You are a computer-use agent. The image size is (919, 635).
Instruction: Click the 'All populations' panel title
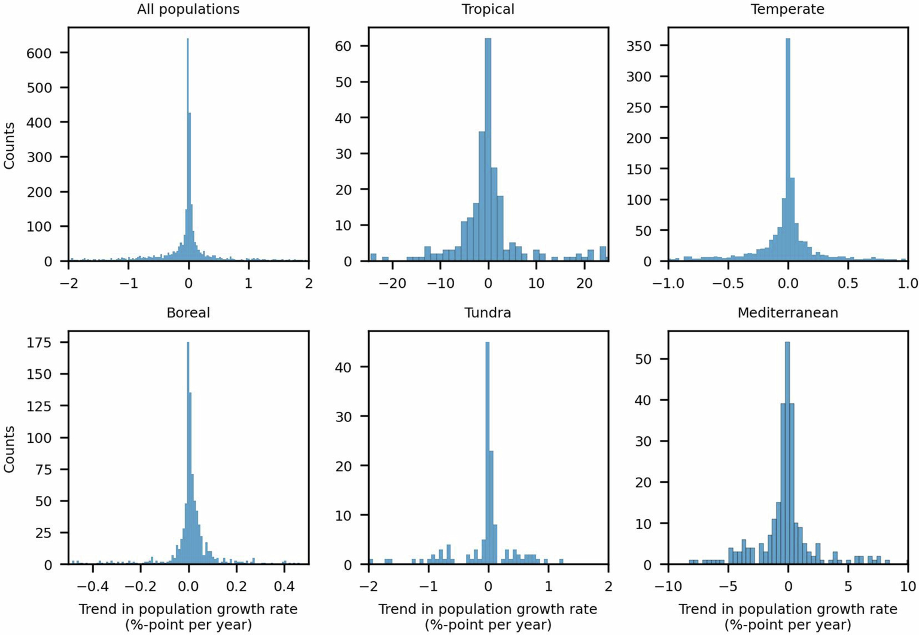(x=188, y=9)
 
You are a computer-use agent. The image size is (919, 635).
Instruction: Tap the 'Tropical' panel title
(x=488, y=9)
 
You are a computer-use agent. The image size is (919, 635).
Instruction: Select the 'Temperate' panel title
(x=787, y=9)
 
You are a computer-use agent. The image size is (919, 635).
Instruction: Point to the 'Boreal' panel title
(x=188, y=312)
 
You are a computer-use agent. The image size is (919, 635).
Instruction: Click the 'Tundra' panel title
(x=488, y=312)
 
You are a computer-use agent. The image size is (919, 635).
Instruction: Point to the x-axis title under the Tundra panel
(x=488, y=616)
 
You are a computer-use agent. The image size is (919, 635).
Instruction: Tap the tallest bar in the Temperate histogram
(x=788, y=151)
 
